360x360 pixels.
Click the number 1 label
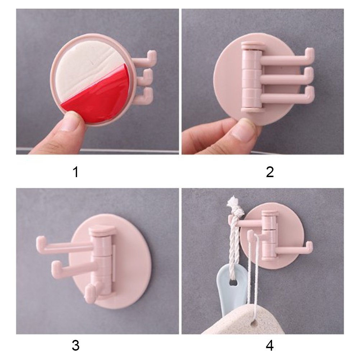click(x=76, y=172)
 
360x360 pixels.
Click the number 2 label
click(x=270, y=172)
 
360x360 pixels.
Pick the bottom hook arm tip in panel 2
click(x=310, y=91)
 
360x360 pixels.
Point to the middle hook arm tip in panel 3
click(x=55, y=266)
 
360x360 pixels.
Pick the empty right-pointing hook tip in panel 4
click(x=310, y=246)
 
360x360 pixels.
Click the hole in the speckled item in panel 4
click(x=253, y=323)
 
